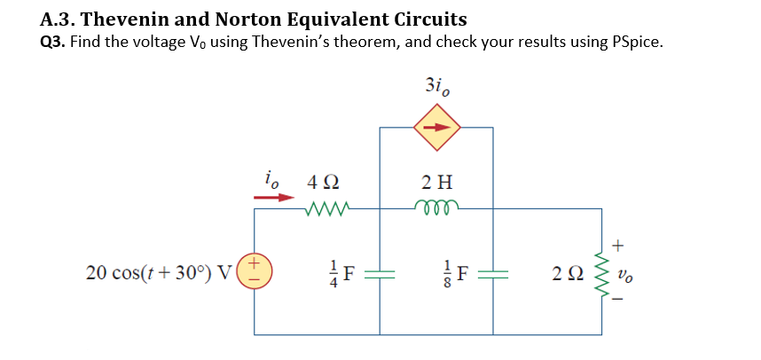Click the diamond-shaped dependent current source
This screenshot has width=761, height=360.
click(x=436, y=127)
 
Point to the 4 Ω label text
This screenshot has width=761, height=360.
click(x=321, y=184)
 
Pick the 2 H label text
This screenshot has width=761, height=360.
click(x=436, y=184)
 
